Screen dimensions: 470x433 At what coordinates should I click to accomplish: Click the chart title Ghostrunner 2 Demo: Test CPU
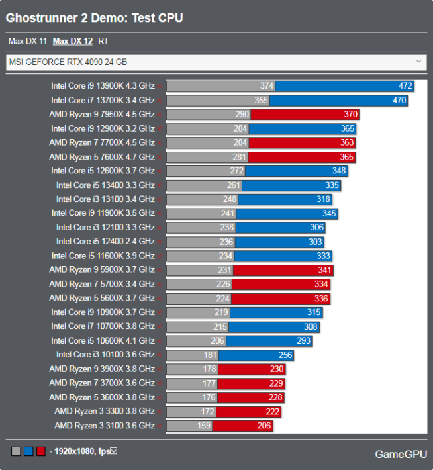coord(95,18)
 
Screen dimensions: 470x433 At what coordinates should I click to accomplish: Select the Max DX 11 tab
coord(27,41)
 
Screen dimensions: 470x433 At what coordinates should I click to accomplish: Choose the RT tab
coord(103,41)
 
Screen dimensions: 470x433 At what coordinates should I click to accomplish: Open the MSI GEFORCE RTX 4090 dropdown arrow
coord(418,62)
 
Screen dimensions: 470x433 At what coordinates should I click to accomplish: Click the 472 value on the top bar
coord(405,86)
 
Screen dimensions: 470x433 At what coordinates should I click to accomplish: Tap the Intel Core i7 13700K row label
coord(103,101)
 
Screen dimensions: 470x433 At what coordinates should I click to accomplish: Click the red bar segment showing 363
coord(302,142)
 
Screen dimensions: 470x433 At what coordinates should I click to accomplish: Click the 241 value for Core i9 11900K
coord(228,213)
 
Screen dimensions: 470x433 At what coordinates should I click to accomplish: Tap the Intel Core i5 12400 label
coord(105,242)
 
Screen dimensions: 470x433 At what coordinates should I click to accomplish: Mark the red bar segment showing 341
coord(283,270)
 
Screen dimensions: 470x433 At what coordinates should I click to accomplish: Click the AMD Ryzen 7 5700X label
coord(101,284)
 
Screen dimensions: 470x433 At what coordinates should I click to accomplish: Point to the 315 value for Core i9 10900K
coord(313,312)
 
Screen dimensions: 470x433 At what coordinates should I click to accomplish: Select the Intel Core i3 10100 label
coord(105,355)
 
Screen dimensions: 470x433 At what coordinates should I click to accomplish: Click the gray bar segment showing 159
coord(189,426)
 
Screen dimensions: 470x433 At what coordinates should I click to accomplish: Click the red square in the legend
coord(41,451)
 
